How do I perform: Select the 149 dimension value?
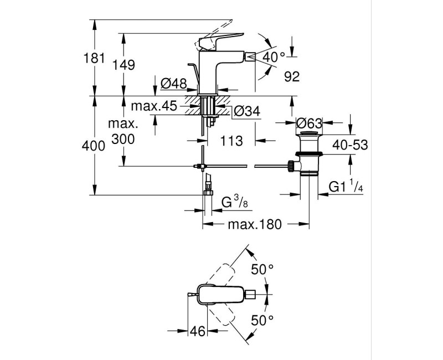pyautogui.click(x=124, y=65)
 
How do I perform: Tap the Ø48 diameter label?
pyautogui.click(x=173, y=84)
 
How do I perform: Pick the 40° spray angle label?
pyautogui.click(x=273, y=56)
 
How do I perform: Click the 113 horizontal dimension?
pyautogui.click(x=231, y=141)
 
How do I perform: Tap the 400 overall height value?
pyautogui.click(x=93, y=146)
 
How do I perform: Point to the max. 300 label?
pyautogui.click(x=122, y=131)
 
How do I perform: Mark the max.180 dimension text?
pyautogui.click(x=255, y=224)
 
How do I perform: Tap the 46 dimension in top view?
pyautogui.click(x=198, y=331)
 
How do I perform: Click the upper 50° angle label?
pyautogui.click(x=262, y=270)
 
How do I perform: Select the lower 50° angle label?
pyautogui.click(x=262, y=320)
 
